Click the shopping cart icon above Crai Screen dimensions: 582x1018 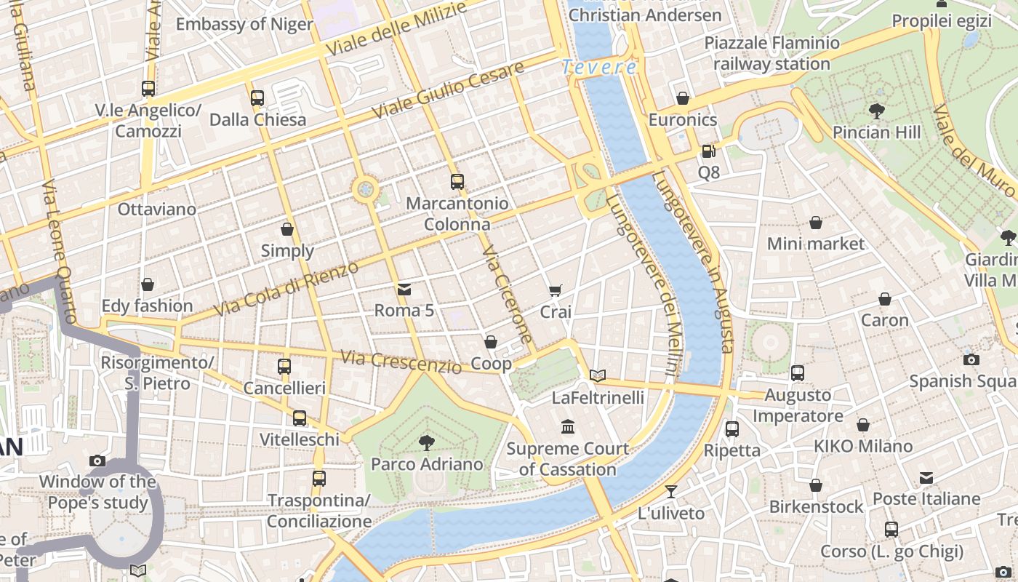[x=556, y=291]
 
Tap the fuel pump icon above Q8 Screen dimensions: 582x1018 [x=709, y=151]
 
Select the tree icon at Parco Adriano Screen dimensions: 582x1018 [x=427, y=442]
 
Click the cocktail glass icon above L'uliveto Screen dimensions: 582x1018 [x=671, y=492]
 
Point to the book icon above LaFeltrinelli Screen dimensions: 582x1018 [x=598, y=375]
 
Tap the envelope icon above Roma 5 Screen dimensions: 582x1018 [x=404, y=290]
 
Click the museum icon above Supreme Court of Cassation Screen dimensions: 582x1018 [x=568, y=426]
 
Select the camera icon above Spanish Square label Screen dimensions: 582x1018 [x=971, y=359]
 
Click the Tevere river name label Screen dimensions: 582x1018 [x=600, y=68]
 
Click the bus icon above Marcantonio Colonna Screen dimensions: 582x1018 [x=457, y=181]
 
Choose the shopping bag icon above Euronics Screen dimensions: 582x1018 [x=683, y=98]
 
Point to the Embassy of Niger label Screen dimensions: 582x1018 [x=244, y=24]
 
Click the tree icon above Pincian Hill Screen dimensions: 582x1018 [x=877, y=111]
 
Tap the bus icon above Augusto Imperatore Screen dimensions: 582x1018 [x=798, y=373]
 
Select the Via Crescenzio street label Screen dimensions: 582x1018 [x=401, y=361]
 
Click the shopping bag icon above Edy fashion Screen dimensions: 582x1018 [x=148, y=284]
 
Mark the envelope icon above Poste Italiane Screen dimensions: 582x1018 [x=926, y=478]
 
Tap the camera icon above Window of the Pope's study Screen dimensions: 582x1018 [x=97, y=461]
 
